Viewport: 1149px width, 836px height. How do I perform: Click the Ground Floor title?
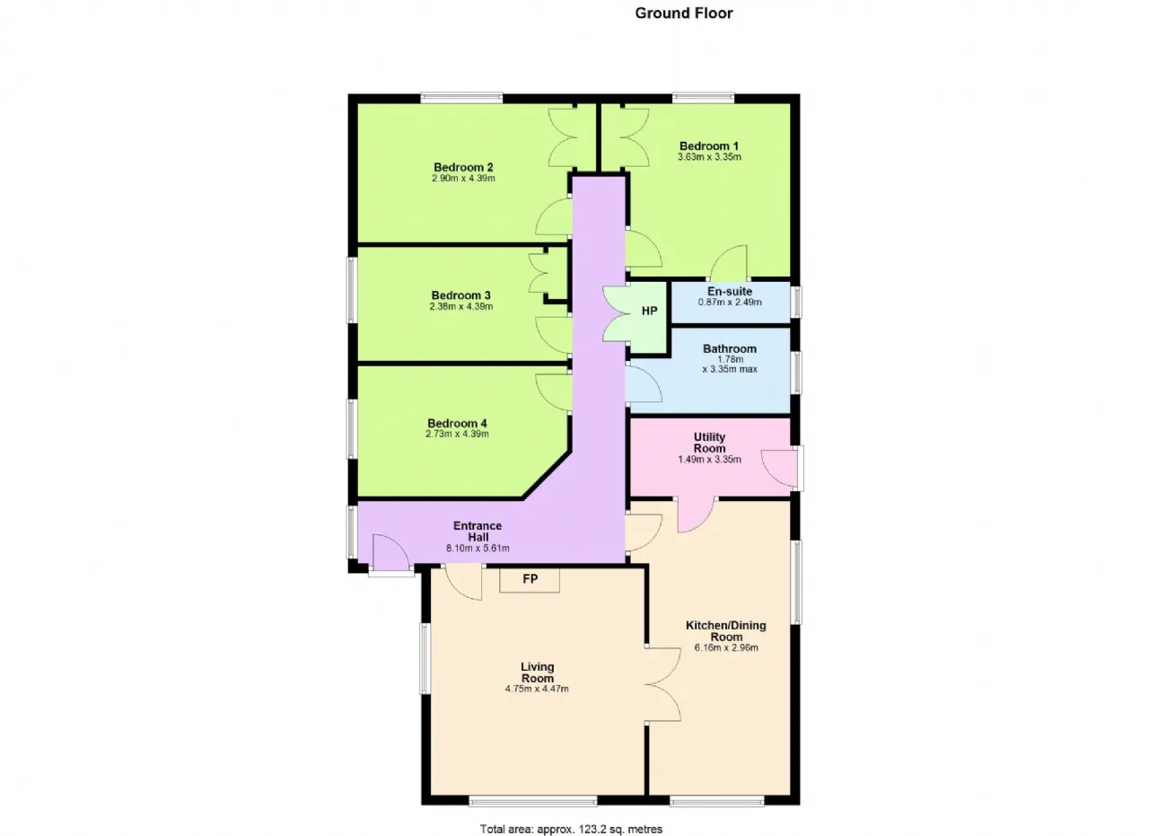point(684,13)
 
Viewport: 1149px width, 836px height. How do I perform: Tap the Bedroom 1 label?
point(709,146)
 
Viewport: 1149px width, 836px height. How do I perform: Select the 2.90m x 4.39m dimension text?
point(463,179)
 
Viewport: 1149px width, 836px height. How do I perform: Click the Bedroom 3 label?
point(460,295)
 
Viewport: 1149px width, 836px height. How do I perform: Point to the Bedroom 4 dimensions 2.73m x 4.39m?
point(457,435)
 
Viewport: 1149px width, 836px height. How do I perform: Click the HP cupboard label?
point(649,311)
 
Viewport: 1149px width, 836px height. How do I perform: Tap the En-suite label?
point(730,292)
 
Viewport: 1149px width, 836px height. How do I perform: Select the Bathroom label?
point(730,349)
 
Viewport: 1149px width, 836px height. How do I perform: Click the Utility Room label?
point(709,443)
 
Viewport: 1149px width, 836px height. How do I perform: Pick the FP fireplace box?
point(530,580)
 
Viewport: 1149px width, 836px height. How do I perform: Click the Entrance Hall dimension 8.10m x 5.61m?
point(478,549)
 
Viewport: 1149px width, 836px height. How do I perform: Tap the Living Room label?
point(537,673)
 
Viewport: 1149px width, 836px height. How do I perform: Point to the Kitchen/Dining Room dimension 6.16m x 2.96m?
point(726,647)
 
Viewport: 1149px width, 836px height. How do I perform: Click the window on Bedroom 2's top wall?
point(461,98)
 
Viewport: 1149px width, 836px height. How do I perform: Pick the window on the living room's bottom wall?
point(533,800)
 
